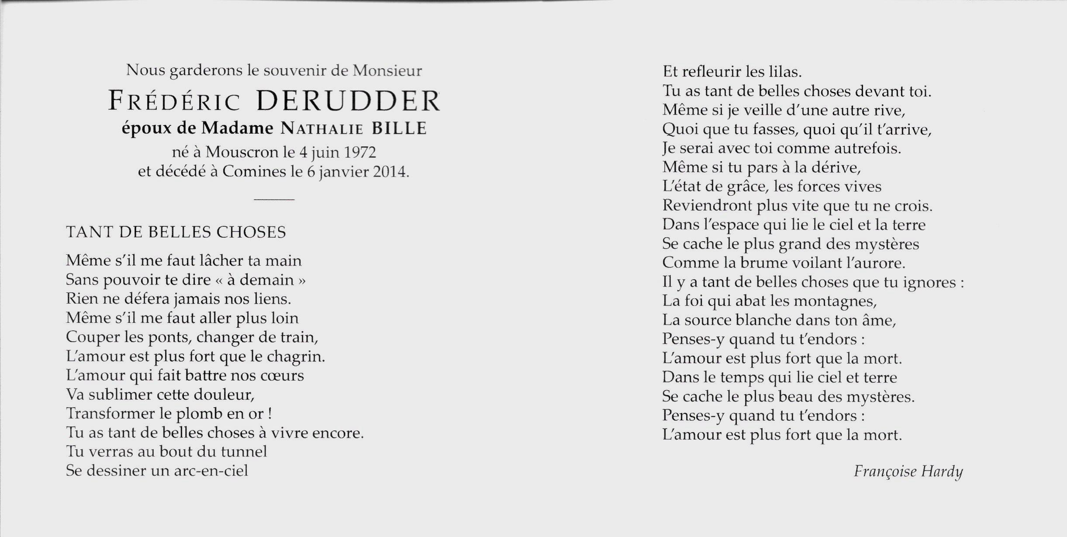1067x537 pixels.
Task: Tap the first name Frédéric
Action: click(x=174, y=102)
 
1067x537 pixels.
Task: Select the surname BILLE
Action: click(x=399, y=128)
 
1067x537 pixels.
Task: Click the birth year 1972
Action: click(x=359, y=152)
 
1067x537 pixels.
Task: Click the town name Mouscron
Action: click(x=242, y=152)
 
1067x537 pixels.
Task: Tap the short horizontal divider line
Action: click(x=274, y=200)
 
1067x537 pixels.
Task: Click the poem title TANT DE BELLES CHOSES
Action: click(x=176, y=232)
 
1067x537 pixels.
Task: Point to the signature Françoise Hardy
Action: click(x=908, y=472)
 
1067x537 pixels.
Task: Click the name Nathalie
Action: click(x=322, y=129)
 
